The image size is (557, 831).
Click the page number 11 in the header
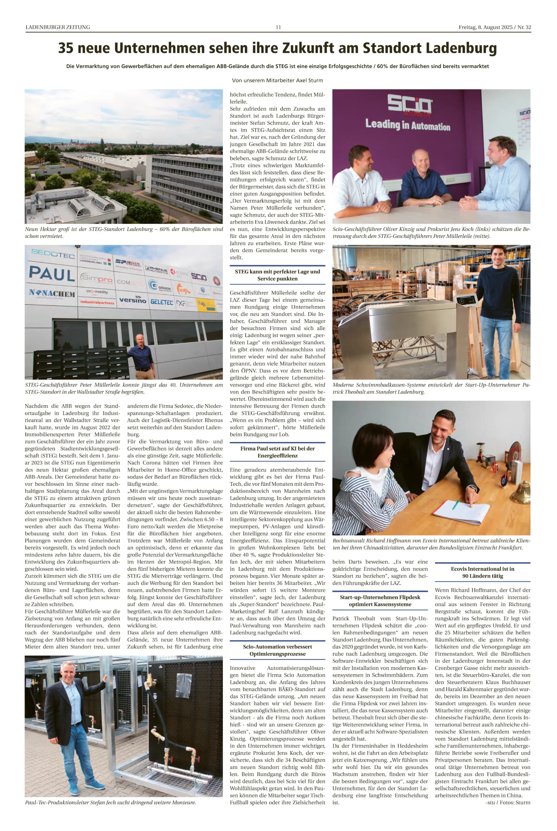coord(278,27)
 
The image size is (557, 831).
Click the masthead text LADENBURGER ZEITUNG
coord(58,27)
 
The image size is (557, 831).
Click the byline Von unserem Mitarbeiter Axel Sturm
coord(278,80)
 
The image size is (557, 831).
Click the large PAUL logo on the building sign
coord(52,273)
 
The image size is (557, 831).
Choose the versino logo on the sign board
coord(133,300)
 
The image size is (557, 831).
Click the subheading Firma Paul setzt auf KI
coord(278,452)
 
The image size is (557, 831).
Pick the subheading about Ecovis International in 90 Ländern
coord(482,572)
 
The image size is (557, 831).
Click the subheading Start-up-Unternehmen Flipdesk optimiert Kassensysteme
coord(380,600)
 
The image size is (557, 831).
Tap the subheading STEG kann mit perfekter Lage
coord(278,275)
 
